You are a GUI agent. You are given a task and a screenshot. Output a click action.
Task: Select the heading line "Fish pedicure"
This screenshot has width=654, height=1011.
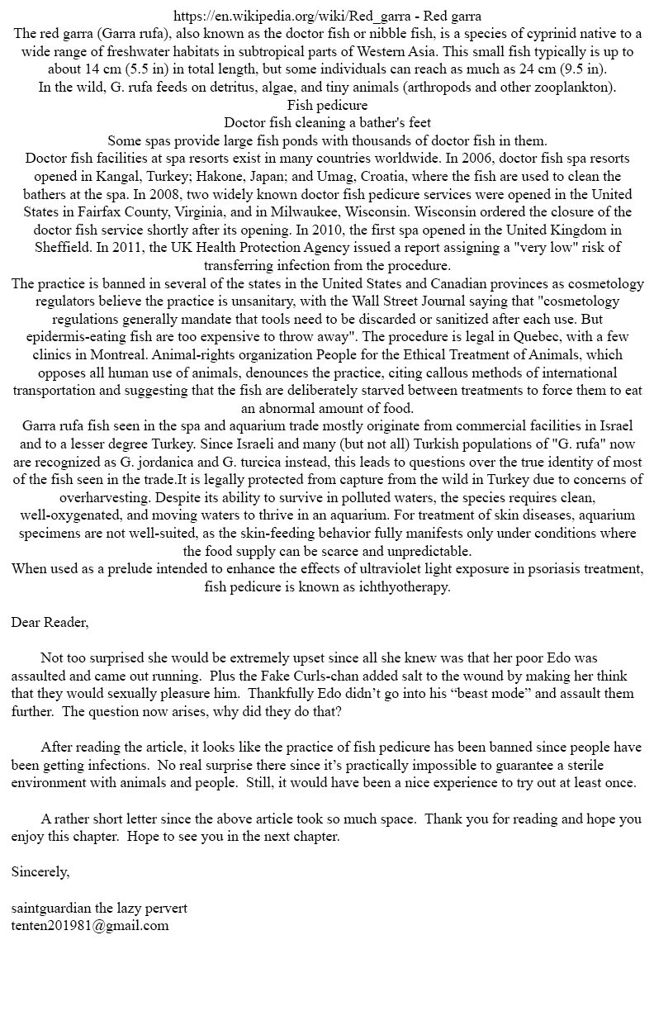pos(327,105)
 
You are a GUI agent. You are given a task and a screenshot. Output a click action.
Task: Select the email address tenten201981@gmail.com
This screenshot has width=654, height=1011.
pos(90,926)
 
